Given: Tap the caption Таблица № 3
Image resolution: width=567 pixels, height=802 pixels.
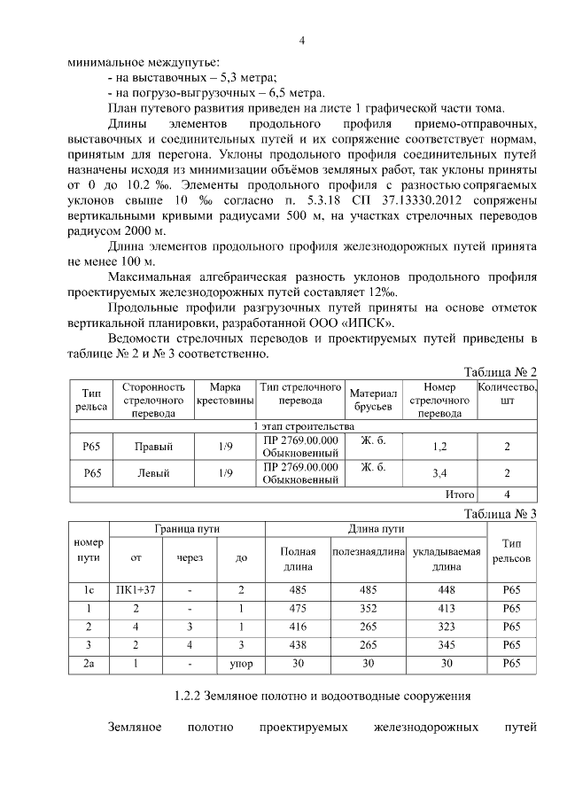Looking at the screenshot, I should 501,513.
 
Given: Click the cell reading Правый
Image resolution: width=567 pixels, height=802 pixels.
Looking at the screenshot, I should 153,447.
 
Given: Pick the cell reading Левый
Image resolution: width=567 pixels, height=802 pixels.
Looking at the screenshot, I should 153,473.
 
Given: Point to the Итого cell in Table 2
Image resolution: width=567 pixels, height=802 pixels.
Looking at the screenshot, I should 460,494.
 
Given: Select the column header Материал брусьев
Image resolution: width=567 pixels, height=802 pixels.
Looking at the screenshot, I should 372,400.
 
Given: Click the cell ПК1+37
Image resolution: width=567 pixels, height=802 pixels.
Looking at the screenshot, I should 135,589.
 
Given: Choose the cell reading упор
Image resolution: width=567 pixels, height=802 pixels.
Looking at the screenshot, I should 241,664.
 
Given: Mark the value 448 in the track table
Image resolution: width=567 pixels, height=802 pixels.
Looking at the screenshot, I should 446,589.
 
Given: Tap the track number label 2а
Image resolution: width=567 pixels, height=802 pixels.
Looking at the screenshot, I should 89,664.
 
